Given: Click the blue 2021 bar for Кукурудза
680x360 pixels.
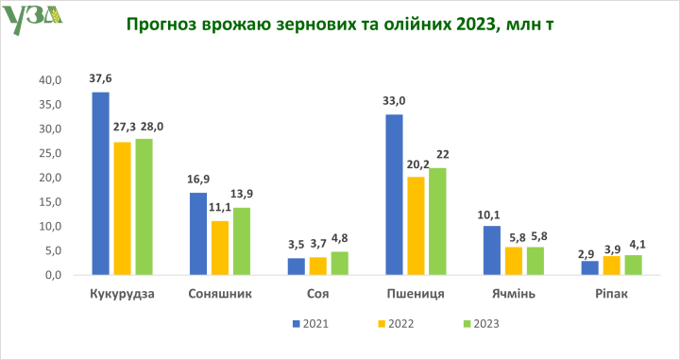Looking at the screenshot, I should coord(100,183).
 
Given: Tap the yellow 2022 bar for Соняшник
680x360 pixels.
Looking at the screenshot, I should coord(219,248).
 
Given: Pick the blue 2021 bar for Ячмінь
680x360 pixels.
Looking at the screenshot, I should coord(490,250).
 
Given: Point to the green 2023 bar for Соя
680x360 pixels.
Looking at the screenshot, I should coord(338,263).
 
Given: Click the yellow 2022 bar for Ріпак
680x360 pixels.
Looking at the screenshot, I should coord(611,266).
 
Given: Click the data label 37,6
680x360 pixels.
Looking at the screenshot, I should coord(100,79).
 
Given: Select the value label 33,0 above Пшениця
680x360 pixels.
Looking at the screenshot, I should coord(394,101).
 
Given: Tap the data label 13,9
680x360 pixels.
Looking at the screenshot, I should coord(241,194).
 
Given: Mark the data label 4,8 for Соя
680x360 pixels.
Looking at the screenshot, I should coord(339,239).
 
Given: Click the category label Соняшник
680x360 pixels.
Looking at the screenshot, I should coord(220,293).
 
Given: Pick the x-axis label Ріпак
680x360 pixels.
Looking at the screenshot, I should coord(611,293).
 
